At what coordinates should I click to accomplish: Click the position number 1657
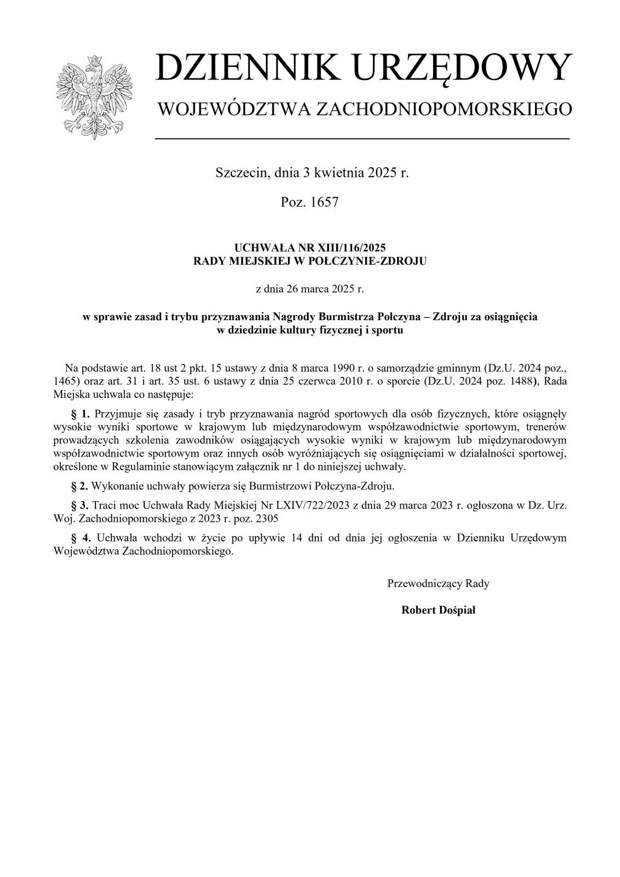point(325,202)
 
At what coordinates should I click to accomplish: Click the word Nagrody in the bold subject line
point(294,317)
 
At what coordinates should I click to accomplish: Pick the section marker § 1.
point(80,413)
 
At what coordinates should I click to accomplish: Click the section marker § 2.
point(80,486)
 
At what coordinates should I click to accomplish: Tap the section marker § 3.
point(80,505)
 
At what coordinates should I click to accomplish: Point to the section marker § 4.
point(80,538)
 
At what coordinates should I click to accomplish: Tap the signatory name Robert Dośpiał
point(438,610)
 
